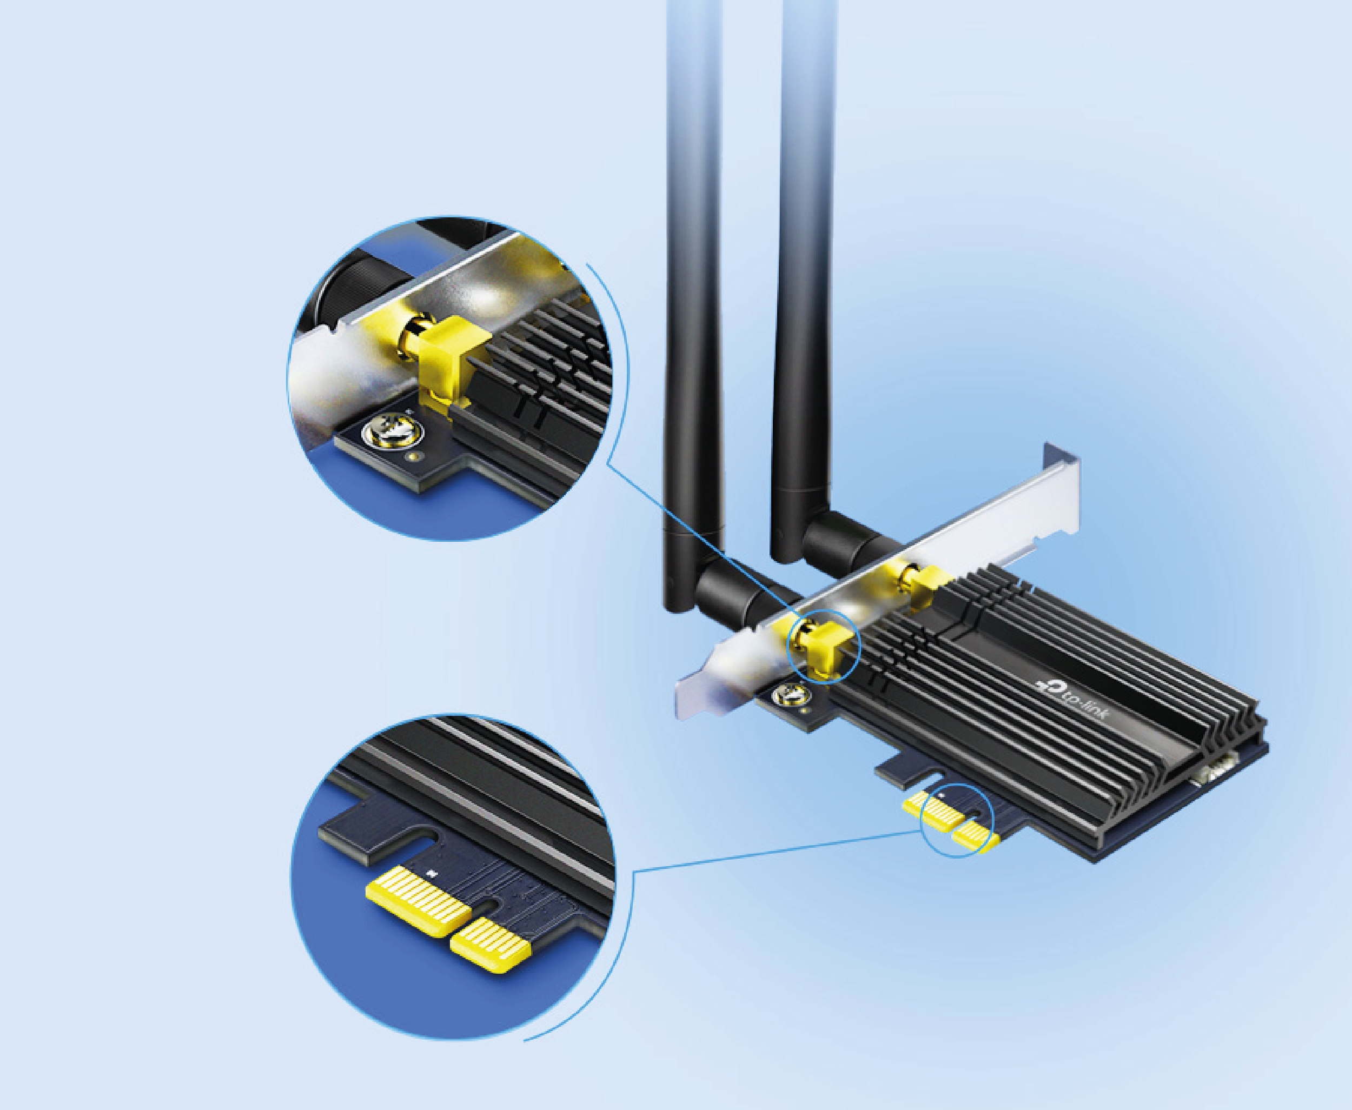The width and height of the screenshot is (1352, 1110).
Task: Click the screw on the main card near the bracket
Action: [x=791, y=695]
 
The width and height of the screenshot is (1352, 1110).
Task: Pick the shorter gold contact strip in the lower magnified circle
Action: [x=491, y=945]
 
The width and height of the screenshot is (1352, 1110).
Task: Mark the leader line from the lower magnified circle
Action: [x=777, y=851]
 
